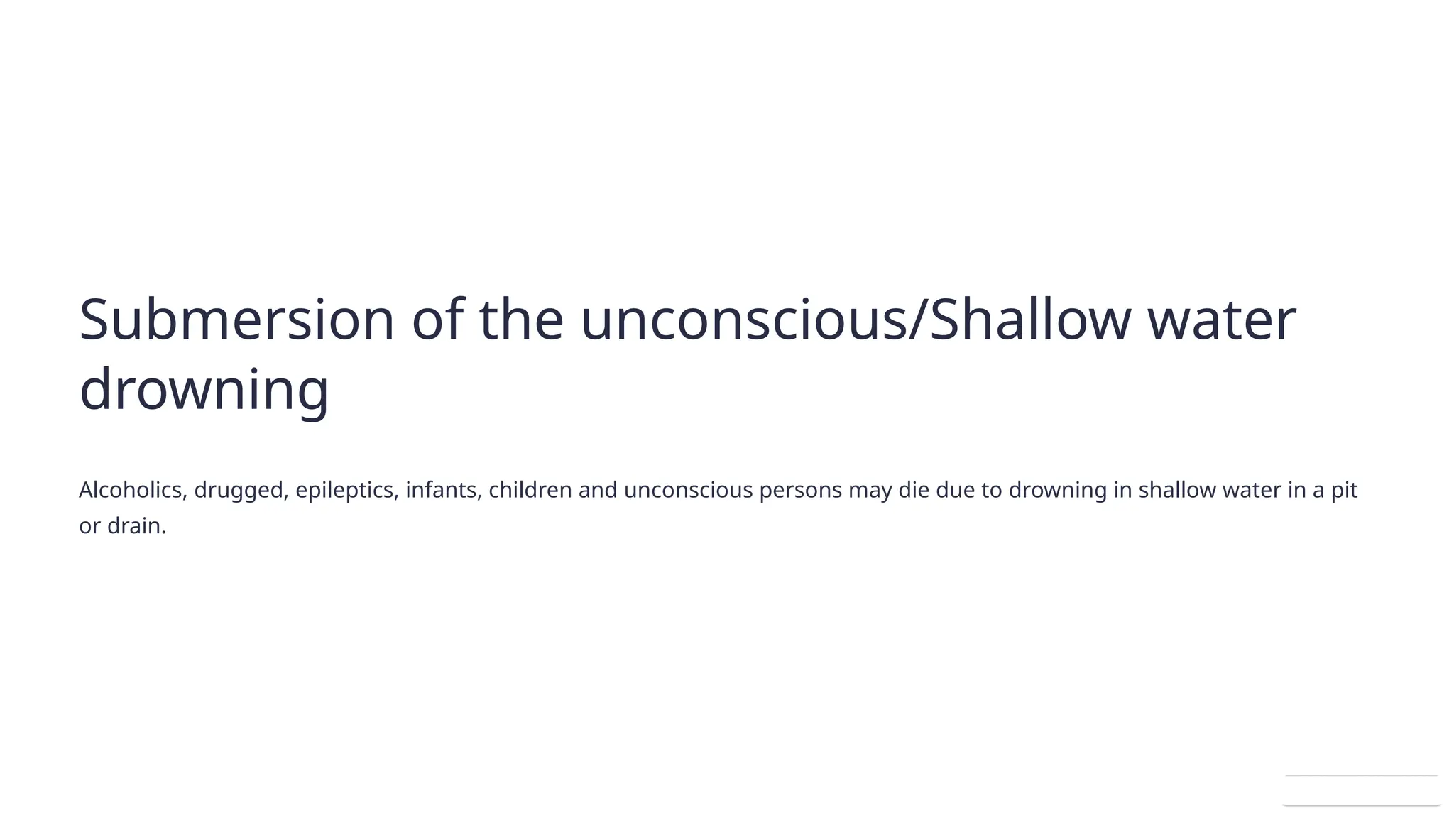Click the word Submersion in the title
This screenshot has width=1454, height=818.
click(236, 320)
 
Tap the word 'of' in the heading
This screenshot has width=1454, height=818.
click(437, 320)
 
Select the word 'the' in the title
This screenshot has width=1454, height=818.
click(521, 320)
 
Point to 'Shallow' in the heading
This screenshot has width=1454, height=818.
click(1029, 320)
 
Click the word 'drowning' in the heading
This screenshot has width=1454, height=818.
click(204, 390)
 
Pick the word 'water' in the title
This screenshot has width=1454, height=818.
click(1222, 320)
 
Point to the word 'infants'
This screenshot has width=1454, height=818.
click(444, 490)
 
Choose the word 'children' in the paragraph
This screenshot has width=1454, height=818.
click(530, 490)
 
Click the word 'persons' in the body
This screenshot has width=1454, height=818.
click(800, 491)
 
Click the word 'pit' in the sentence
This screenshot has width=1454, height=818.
click(1344, 491)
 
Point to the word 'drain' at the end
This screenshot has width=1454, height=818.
click(135, 526)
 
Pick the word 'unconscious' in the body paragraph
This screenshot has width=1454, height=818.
click(688, 490)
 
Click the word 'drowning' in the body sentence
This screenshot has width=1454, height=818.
click(1057, 491)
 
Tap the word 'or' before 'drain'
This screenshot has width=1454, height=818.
click(89, 527)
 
